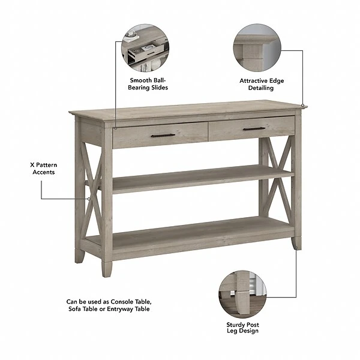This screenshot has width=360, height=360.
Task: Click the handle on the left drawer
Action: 163,135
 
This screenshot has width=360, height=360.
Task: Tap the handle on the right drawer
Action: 254,129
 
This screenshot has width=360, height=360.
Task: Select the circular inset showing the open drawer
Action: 145,48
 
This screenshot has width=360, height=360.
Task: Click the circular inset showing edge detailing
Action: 257,48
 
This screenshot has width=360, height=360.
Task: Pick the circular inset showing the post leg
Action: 242,294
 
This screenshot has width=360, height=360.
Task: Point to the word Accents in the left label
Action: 44,172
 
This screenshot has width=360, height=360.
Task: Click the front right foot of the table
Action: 296,243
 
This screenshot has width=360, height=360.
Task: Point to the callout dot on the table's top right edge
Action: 303,106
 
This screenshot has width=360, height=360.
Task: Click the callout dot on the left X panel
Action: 89,199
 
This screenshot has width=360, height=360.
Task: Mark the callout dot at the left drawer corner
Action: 116,128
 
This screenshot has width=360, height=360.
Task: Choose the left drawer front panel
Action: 160,135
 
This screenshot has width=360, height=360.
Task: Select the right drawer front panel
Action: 251,129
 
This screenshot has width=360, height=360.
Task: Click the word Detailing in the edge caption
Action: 261,88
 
